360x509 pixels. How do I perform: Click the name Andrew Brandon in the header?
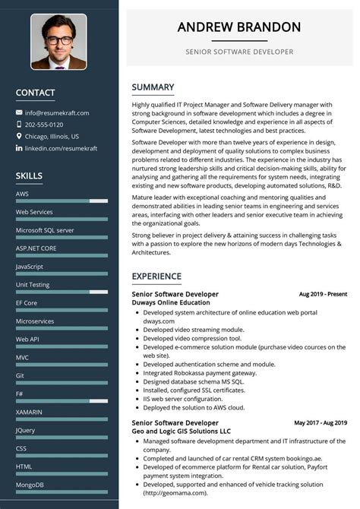[239, 27]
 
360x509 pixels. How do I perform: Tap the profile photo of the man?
[58, 42]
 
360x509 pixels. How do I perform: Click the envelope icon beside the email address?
[19, 112]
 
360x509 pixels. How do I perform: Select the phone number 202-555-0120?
[44, 125]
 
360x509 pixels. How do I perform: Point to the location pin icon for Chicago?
[19, 136]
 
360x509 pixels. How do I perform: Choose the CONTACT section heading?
[35, 93]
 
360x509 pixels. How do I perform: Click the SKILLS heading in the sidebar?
[29, 176]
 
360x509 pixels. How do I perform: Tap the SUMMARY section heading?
[153, 87]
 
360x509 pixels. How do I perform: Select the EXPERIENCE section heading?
[156, 276]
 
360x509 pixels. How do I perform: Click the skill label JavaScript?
[30, 267]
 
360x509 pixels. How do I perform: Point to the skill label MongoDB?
[30, 485]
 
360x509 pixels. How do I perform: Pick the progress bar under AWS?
[61, 201]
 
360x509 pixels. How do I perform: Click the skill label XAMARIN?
[29, 412]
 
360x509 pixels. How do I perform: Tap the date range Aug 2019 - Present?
[323, 294]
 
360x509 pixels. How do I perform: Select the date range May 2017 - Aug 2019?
[321, 422]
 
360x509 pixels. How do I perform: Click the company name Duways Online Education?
[171, 302]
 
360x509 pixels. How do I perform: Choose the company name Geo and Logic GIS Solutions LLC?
[182, 431]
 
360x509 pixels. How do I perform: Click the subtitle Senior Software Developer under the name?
[239, 52]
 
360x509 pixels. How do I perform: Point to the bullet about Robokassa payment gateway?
[200, 372]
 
